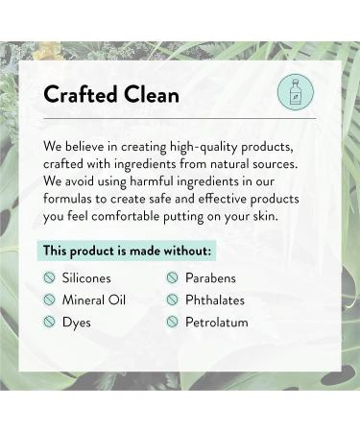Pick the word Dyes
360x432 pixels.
(x=78, y=322)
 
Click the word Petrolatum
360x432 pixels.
(x=218, y=322)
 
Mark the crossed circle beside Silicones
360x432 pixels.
(x=50, y=277)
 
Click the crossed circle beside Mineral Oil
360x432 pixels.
(x=50, y=300)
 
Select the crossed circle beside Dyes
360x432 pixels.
(x=50, y=322)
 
